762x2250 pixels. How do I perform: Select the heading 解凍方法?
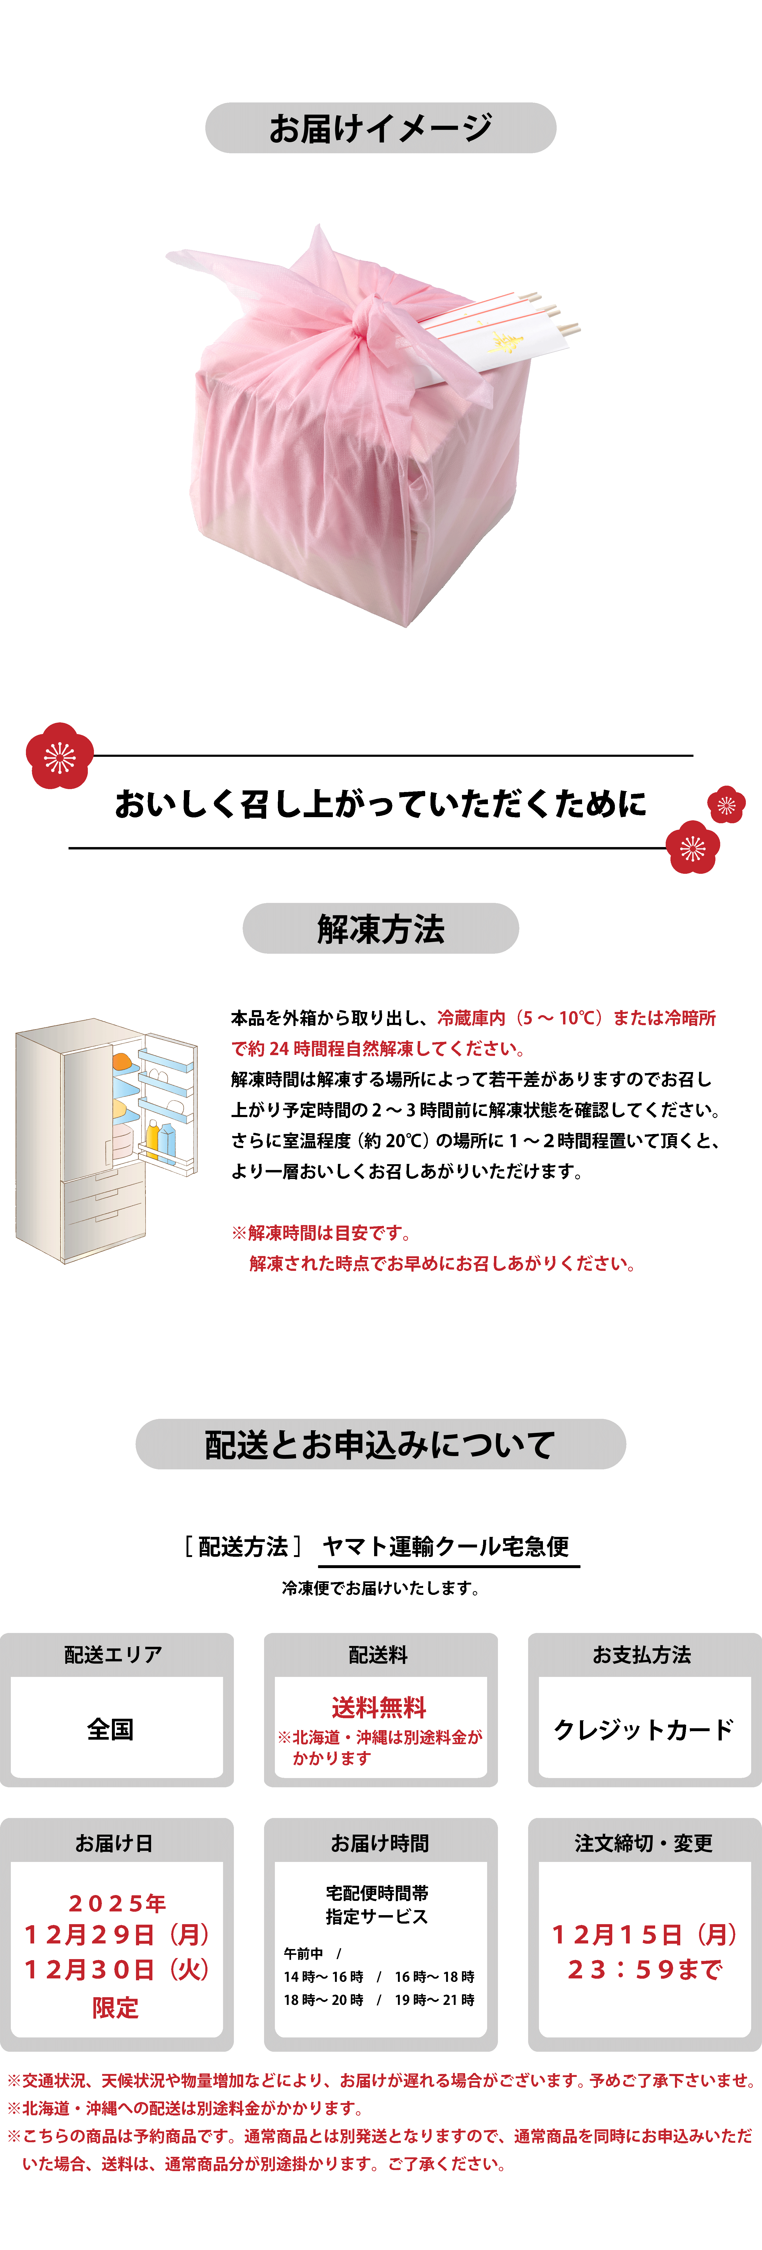[x=380, y=929]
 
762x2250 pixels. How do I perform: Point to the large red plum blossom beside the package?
[x=59, y=755]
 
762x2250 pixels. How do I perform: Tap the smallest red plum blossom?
[x=726, y=804]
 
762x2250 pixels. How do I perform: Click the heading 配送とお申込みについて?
[x=380, y=1444]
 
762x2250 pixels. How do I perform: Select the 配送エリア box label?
[x=114, y=1654]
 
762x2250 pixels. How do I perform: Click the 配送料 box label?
[x=379, y=1654]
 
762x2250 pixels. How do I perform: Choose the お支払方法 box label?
[x=642, y=1654]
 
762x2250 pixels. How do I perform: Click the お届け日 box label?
[x=114, y=1843]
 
